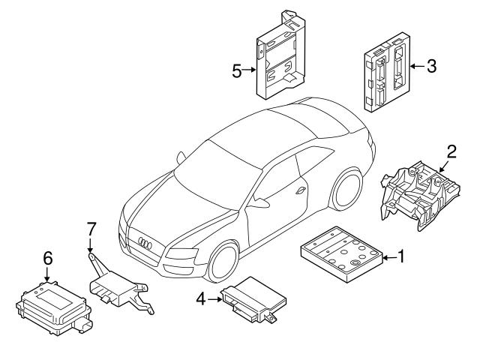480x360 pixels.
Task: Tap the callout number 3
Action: click(430, 66)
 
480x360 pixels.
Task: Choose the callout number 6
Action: click(47, 257)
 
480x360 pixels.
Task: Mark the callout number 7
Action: click(90, 227)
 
